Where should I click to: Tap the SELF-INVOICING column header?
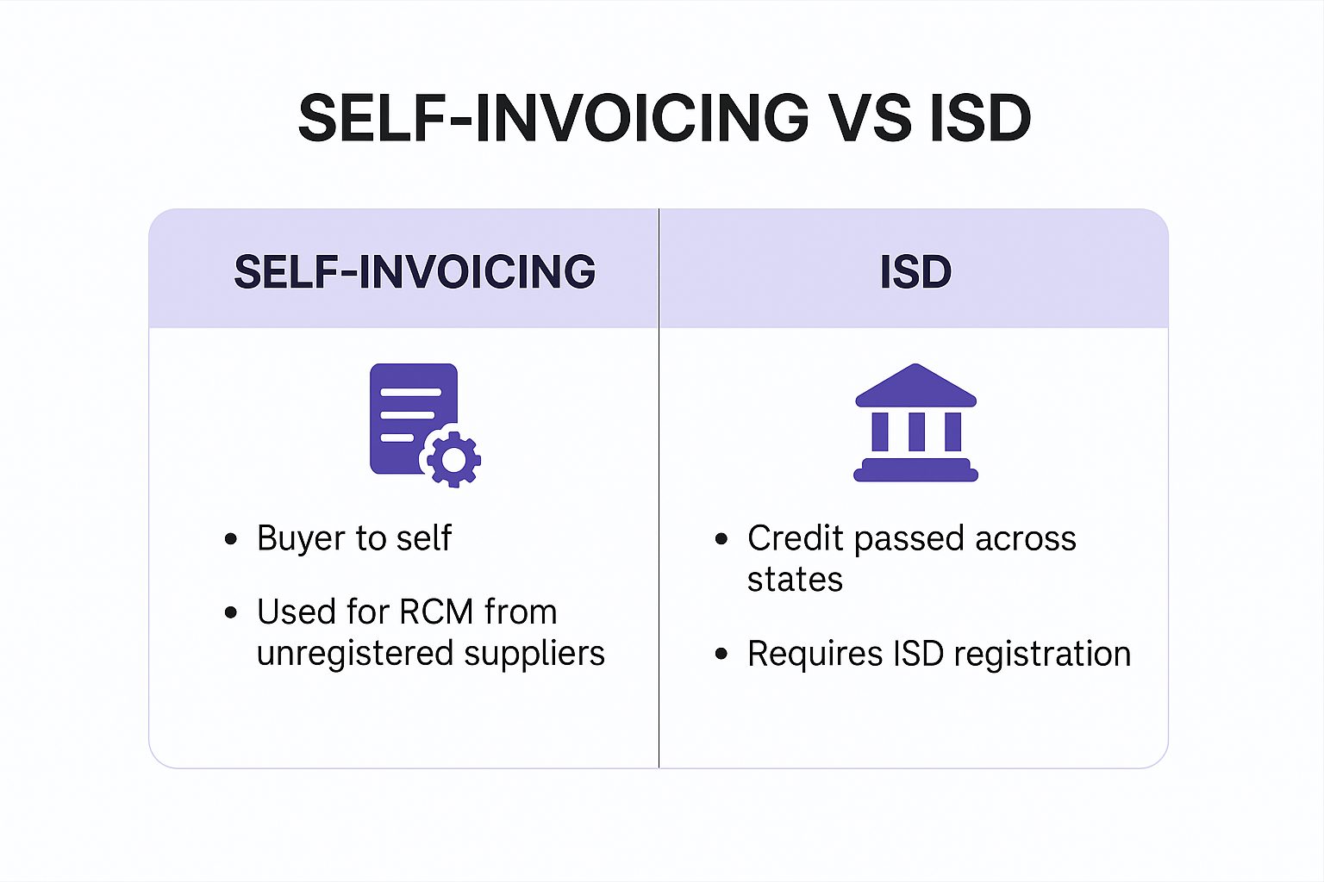pos(415,271)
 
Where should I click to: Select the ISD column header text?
pos(915,271)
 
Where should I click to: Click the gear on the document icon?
pos(453,459)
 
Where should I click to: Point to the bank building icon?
pos(915,422)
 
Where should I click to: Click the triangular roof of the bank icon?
pos(915,385)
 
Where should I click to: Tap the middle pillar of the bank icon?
pos(916,432)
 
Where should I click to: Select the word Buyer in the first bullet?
pos(300,539)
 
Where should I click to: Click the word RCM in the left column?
pos(436,612)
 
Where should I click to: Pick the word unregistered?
pos(355,654)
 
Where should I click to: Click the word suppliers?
pos(534,655)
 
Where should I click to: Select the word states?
pos(795,580)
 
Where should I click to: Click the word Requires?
pos(815,654)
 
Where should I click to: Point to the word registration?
pos(1042,654)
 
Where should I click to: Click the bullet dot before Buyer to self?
pos(231,539)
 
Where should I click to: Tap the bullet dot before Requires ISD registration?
pos(721,654)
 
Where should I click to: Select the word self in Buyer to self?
pos(424,538)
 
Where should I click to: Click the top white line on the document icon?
pos(411,392)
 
